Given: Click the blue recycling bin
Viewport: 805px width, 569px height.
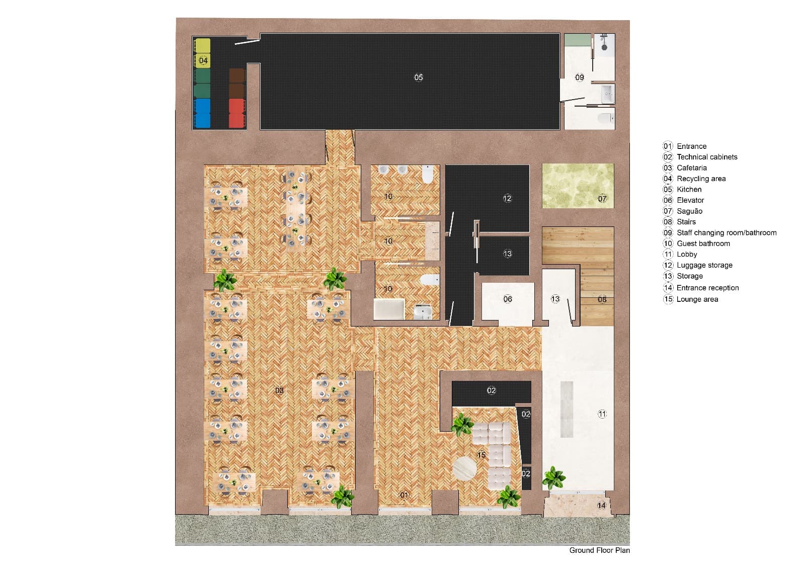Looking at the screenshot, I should [202, 113].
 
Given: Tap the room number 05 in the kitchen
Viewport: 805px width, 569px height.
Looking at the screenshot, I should [419, 77].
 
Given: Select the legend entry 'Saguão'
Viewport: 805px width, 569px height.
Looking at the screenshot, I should [689, 211].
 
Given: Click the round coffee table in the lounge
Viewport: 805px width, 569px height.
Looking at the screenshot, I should [464, 469].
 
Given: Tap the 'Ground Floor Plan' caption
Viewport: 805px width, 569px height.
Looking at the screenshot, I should [599, 550].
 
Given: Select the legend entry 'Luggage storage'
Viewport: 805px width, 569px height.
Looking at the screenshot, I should [704, 265].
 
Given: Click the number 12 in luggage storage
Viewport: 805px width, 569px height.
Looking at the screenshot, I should [507, 198].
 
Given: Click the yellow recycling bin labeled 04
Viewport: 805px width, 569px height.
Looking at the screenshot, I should [202, 53].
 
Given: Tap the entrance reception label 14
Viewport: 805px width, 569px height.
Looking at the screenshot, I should [602, 505].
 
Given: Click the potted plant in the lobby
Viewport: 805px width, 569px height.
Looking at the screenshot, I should [553, 477].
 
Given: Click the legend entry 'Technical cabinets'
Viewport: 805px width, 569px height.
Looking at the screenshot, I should [706, 156].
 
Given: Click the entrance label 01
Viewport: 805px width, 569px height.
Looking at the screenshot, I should [404, 495].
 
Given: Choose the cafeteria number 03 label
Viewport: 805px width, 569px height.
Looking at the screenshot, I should [279, 390].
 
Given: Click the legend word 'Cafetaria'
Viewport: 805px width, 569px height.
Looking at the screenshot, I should [691, 168].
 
